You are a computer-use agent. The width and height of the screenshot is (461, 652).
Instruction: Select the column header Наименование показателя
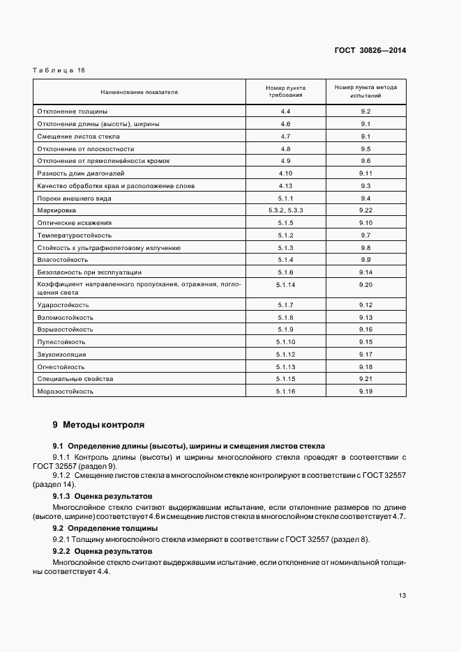point(139,92)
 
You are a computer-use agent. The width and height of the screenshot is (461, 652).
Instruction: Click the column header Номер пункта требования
point(285,92)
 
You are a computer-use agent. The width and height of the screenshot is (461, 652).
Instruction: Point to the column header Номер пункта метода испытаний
point(365,92)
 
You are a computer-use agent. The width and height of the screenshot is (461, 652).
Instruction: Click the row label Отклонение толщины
point(72,111)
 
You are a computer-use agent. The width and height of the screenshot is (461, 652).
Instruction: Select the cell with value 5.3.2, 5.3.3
point(285,210)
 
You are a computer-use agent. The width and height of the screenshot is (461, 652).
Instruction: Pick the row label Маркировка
point(57,210)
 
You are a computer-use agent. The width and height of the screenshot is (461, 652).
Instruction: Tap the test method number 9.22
point(365,210)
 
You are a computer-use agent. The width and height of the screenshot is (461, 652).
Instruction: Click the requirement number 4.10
point(285,173)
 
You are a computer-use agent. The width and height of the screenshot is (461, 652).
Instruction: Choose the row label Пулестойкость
point(61,342)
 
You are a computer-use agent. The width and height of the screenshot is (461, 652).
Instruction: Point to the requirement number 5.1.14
point(285,285)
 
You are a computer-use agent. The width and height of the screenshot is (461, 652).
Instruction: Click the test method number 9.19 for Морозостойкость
point(365,391)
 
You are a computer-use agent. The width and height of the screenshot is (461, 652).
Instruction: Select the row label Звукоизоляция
point(61,355)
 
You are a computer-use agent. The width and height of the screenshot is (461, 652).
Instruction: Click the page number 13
point(402,595)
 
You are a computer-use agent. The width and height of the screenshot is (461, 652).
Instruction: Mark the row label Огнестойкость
point(61,367)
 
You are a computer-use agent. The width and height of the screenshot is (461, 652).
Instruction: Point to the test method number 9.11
point(365,173)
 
